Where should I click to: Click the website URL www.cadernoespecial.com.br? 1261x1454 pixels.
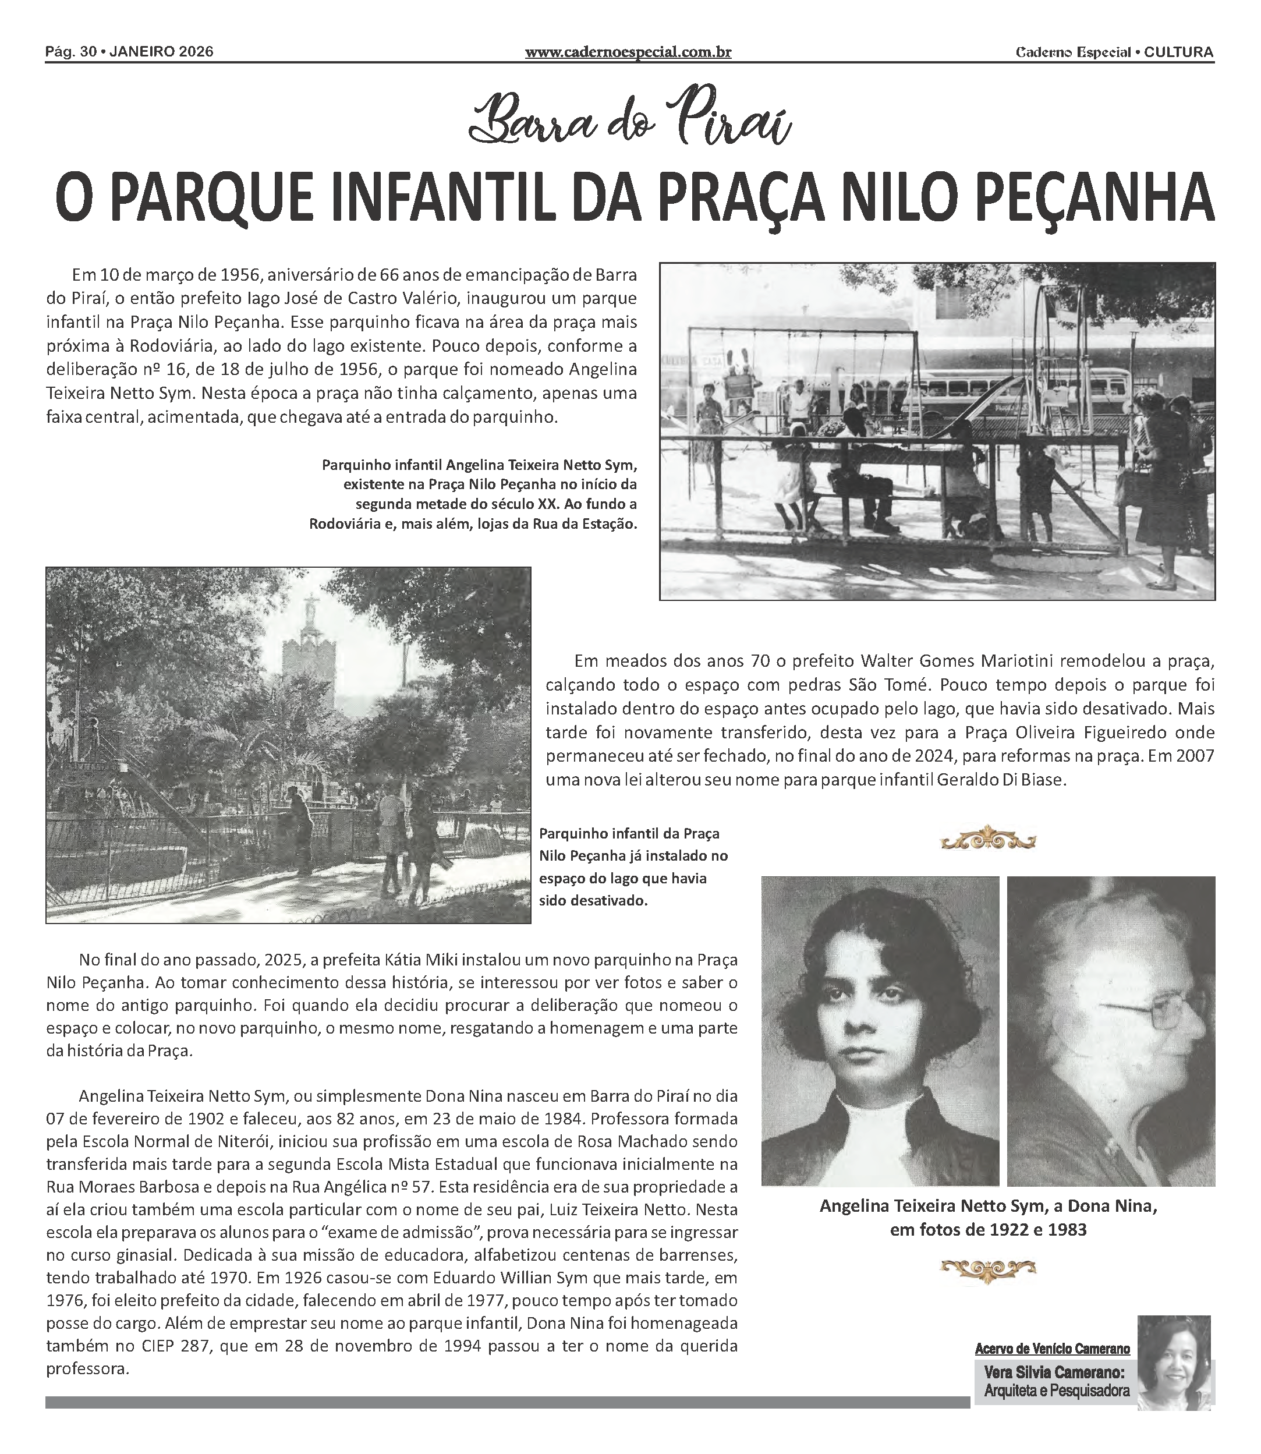pyautogui.click(x=628, y=52)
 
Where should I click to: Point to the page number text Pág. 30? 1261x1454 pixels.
pyautogui.click(x=70, y=52)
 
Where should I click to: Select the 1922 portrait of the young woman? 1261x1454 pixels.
pyautogui.click(x=880, y=1032)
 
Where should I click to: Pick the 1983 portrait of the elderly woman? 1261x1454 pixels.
pyautogui.click(x=1110, y=1032)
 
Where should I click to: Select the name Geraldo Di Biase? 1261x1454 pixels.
pyautogui.click(x=1001, y=780)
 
